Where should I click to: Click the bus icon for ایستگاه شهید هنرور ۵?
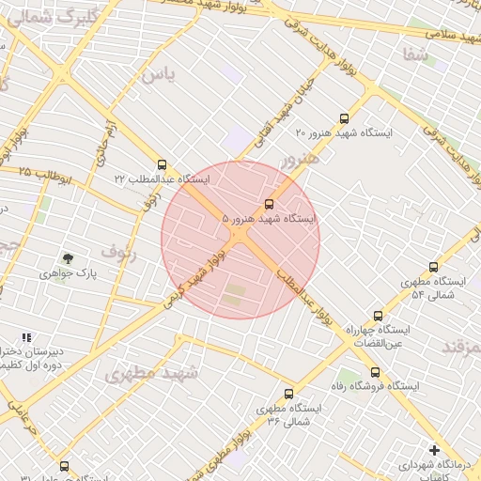[270, 203]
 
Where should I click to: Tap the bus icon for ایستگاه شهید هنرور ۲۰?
[344, 119]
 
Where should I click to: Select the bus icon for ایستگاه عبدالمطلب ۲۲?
[163, 163]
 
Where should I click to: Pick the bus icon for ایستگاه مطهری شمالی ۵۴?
[433, 267]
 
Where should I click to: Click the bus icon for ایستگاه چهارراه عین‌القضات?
[378, 316]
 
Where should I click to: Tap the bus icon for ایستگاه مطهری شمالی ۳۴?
[288, 394]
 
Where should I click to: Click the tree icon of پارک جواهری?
[68, 258]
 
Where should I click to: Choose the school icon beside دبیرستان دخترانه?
[26, 337]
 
